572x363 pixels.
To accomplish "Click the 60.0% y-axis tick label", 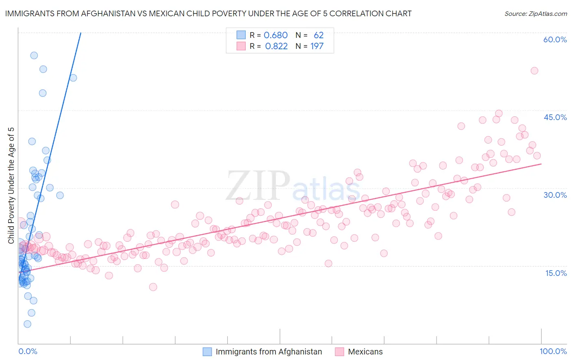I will coord(555,39).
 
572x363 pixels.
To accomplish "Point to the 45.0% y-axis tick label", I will coord(555,117).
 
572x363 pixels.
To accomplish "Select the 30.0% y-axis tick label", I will coord(555,195).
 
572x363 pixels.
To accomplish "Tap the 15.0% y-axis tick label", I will coord(556,273).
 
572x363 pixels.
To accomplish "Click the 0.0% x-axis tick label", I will coord(28,351).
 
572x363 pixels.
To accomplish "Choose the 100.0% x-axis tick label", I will coord(553,351).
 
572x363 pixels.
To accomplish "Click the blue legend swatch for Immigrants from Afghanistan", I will coord(207,352).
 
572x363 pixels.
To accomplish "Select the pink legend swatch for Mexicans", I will coord(339,352).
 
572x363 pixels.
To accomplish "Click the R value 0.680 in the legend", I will coord(275,35).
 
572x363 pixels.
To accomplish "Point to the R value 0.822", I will coord(276,46).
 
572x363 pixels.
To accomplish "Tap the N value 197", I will coord(317,46).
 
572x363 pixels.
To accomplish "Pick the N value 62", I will coord(319,35).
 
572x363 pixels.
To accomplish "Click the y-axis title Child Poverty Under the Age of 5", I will coord(11,185).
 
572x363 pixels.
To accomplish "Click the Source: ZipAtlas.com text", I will coord(535,14).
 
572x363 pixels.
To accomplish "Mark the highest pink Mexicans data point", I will coord(534,71).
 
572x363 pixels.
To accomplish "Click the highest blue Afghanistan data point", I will coord(34,55).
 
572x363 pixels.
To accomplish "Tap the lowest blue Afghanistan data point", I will coord(27,324).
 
